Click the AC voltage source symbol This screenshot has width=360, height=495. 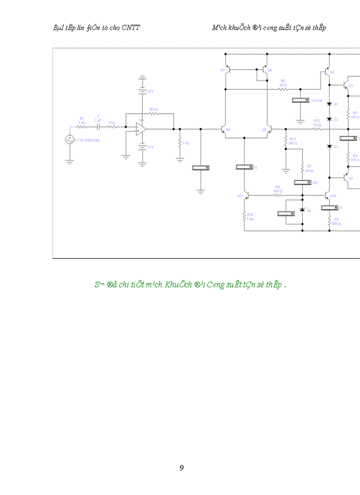click(69, 140)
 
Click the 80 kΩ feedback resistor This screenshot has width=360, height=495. click(154, 113)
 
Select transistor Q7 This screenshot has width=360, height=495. click(227, 70)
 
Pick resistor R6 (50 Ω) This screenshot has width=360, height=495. click(283, 89)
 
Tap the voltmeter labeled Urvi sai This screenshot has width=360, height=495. click(301, 100)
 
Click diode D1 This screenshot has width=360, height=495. click(329, 104)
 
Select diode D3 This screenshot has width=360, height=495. click(329, 146)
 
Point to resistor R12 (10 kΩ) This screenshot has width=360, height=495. click(317, 129)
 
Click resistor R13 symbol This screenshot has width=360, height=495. click(285, 141)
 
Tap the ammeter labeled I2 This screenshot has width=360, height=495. click(244, 167)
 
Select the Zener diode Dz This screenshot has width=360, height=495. click(302, 209)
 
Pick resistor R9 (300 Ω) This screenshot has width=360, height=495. click(277, 195)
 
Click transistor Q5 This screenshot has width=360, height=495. click(327, 71)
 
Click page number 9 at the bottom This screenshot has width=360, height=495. click(181, 468)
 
